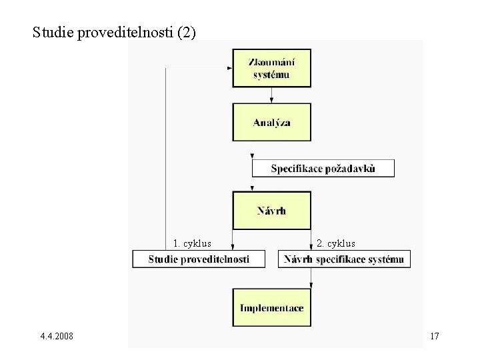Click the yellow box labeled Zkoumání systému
coord(271,68)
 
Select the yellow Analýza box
coord(271,122)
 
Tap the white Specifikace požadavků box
coord(323,168)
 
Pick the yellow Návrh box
coord(271,211)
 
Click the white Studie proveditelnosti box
coord(199,259)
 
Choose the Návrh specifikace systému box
coord(344,259)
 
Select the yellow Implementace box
coord(271,307)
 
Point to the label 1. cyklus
coord(192,243)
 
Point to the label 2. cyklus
coord(336,243)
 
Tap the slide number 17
coord(434,336)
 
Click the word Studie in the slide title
coord(53,32)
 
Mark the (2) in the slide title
coord(187,32)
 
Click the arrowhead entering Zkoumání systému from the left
coord(230,68)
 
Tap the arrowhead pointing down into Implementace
coord(311,286)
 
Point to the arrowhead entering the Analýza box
coord(271,101)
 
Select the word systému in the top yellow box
coord(271,74)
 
